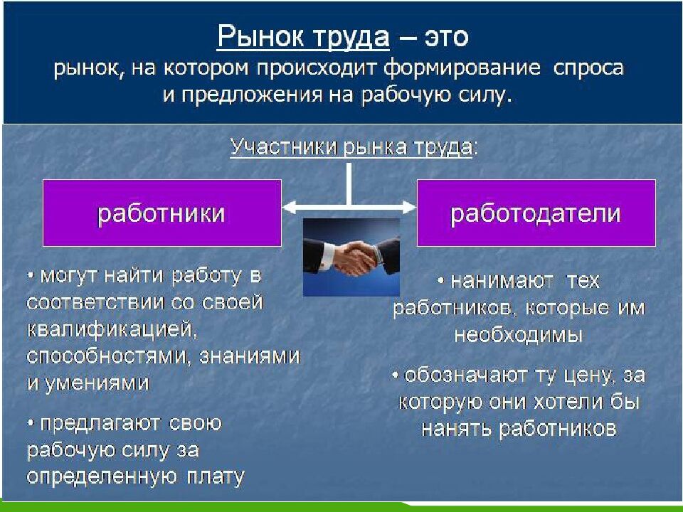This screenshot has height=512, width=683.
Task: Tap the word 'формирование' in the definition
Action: (462, 68)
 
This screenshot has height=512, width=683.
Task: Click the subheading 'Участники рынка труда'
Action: (351, 147)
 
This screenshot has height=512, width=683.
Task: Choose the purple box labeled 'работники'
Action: (162, 213)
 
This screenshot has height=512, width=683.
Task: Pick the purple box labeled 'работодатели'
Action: (536, 213)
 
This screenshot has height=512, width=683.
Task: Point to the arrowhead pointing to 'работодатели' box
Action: (409, 208)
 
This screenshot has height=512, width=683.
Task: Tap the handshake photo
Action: (351, 257)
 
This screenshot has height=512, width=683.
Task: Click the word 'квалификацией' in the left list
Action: (112, 330)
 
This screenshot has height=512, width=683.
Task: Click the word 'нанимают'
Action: (502, 282)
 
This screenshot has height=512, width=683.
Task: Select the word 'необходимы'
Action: (519, 335)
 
